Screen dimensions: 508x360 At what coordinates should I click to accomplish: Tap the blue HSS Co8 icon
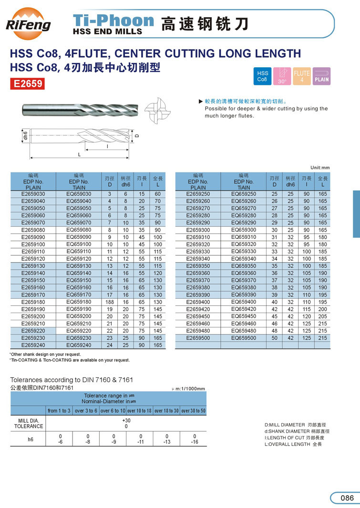(x=262, y=76)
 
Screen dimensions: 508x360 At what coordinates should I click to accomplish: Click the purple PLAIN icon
(x=321, y=76)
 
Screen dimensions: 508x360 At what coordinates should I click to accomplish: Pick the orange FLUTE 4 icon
(x=302, y=76)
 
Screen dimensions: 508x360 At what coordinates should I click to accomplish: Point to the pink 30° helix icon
(x=282, y=76)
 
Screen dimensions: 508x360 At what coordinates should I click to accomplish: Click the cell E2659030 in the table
(x=33, y=194)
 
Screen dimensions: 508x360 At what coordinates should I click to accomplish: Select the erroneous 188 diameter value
(x=109, y=302)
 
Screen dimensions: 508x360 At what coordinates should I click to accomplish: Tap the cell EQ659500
(x=244, y=338)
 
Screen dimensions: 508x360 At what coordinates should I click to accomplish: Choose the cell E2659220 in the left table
(x=33, y=331)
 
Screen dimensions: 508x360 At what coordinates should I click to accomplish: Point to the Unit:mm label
(x=320, y=168)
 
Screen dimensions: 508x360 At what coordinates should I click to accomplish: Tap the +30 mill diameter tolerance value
(x=126, y=420)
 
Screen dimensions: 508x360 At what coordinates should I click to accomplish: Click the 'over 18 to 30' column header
(x=166, y=411)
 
